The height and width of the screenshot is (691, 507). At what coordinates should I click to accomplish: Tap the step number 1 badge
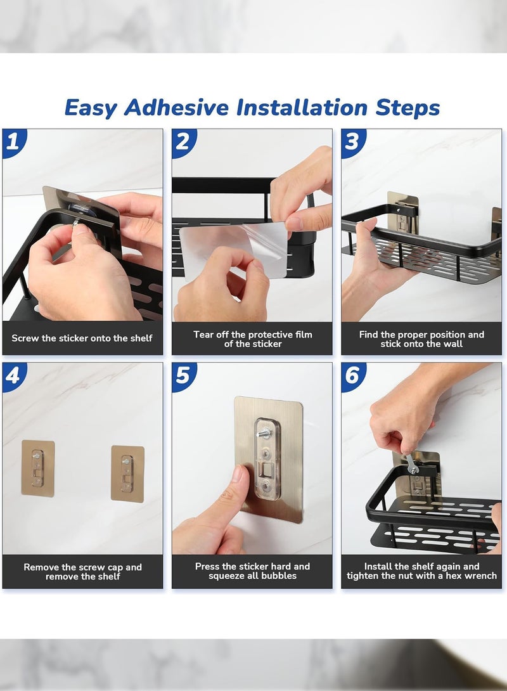[x=13, y=142]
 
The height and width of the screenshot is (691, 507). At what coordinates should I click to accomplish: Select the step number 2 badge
[x=183, y=142]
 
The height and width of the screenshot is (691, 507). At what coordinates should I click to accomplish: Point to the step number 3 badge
[x=353, y=142]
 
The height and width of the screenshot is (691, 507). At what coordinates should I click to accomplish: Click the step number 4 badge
[x=13, y=376]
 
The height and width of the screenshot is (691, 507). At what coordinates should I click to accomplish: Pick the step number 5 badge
[x=183, y=376]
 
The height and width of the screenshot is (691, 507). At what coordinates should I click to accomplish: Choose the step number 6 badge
[x=353, y=376]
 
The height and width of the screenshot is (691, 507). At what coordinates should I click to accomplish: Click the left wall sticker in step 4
[x=38, y=468]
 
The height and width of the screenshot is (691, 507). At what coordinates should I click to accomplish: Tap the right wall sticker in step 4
[x=127, y=474]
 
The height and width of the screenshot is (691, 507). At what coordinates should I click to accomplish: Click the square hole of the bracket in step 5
[x=266, y=470]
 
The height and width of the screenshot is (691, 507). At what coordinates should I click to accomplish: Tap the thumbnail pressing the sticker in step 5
[x=238, y=474]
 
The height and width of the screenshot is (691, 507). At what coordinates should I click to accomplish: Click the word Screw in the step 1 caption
[x=25, y=339]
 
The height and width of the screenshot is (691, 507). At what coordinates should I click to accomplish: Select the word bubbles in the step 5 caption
[x=279, y=576]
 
